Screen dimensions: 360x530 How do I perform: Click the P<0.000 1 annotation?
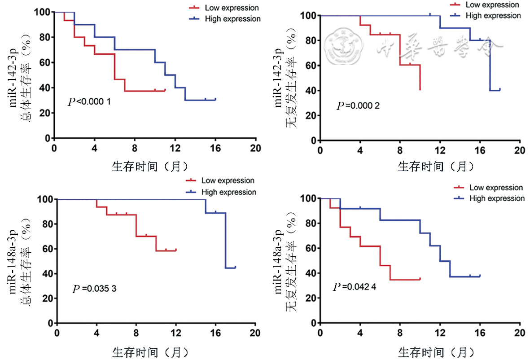(x=89, y=102)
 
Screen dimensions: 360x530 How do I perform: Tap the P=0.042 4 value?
(x=355, y=287)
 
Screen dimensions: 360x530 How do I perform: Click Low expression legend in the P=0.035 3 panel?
(x=228, y=180)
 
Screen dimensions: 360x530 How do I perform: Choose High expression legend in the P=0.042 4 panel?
(x=497, y=198)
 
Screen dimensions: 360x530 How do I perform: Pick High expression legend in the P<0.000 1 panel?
(x=232, y=19)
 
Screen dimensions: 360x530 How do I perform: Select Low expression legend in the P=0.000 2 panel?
(x=492, y=5)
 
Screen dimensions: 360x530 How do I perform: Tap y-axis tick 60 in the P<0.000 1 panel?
(x=44, y=62)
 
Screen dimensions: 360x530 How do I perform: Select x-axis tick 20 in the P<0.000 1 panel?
(x=255, y=148)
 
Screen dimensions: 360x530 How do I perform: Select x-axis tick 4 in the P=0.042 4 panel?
(x=360, y=333)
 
